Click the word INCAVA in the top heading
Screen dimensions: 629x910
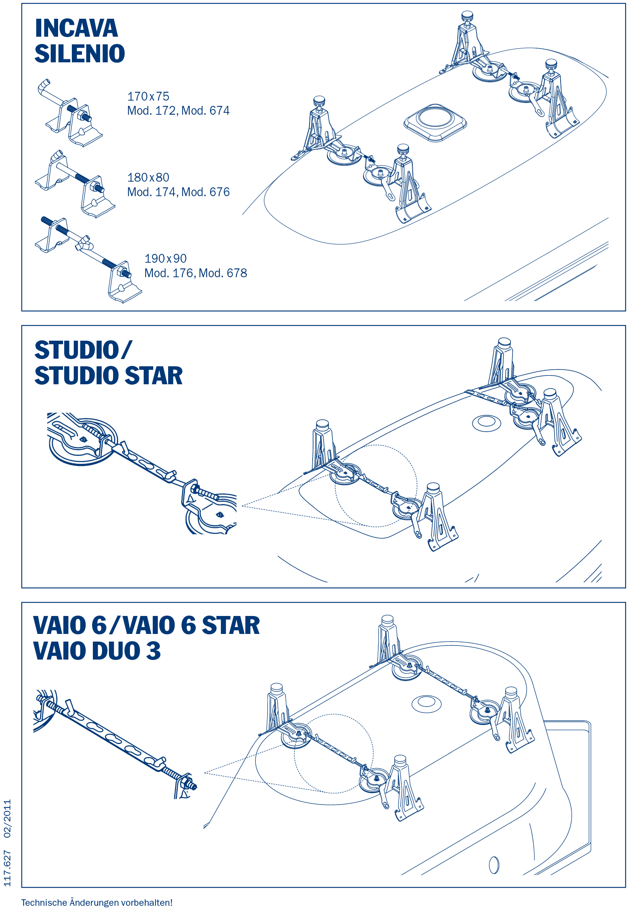[x=76, y=28]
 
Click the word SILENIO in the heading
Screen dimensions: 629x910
[x=79, y=53]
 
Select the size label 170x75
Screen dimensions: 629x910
[x=148, y=96]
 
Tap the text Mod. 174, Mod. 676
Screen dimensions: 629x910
[x=178, y=192]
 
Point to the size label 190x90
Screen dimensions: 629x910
[x=165, y=258]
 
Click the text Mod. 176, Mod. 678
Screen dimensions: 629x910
[x=196, y=273]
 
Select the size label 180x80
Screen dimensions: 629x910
[x=148, y=177]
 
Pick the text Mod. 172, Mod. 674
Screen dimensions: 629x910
[x=178, y=110]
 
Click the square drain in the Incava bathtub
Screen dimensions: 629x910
[x=435, y=122]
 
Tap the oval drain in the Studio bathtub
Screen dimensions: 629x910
[x=486, y=422]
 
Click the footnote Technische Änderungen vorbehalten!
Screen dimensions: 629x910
[x=97, y=902]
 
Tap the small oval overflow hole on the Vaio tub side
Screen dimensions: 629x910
[x=494, y=865]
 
